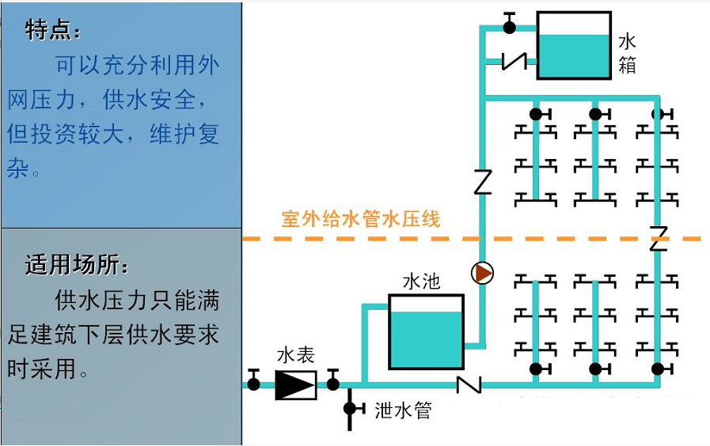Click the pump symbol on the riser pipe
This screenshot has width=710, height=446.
pos(482,274)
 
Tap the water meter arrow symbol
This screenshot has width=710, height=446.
pos(295,385)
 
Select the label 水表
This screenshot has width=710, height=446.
pos(295,357)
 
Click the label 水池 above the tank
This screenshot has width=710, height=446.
pos(421,282)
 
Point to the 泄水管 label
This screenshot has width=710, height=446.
pos(403,410)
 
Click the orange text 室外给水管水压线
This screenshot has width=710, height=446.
pos(360,219)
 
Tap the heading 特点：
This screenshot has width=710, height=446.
pos(53,31)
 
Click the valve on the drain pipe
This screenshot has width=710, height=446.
pos(350,409)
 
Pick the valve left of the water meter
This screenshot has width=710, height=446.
pos(253,384)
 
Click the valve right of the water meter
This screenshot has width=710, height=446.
pos(333,384)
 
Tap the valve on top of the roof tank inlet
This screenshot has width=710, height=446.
pos(509,26)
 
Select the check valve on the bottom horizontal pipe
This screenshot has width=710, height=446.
pos(469,385)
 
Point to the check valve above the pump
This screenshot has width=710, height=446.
pos(482,183)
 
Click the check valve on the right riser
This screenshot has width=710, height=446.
pos(658,238)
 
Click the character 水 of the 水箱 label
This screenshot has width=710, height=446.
pos(627,41)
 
